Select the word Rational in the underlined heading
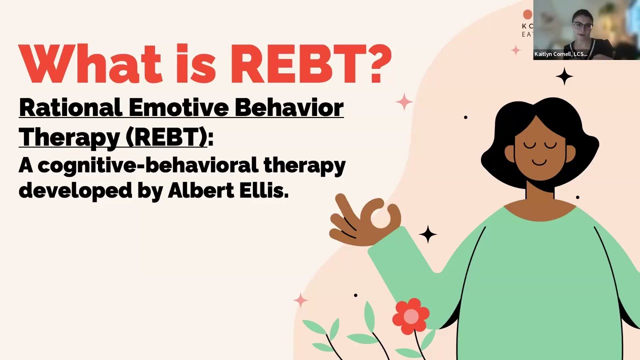70,107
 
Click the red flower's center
411,316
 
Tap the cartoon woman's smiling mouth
539,162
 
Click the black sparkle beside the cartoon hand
427,234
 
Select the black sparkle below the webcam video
564,76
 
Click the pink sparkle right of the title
404,102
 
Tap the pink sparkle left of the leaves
300,300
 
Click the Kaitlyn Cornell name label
560,54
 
